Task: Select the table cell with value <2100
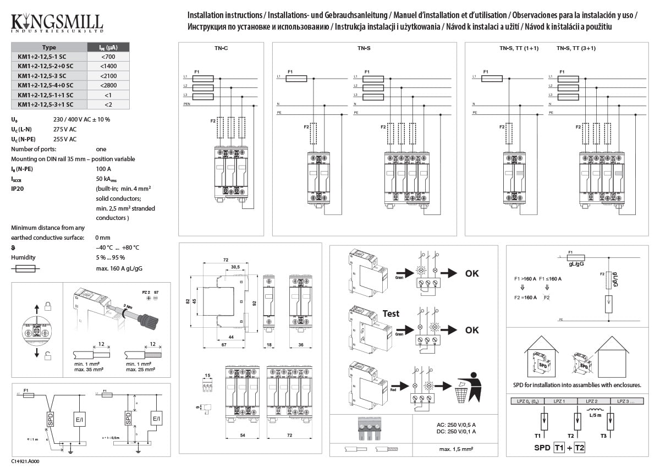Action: pyautogui.click(x=108, y=75)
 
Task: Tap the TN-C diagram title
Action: pyautogui.click(x=221, y=48)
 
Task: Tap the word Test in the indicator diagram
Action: pyautogui.click(x=391, y=313)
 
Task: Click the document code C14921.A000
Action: pyautogui.click(x=25, y=461)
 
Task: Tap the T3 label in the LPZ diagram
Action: pyautogui.click(x=604, y=436)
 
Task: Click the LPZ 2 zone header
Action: pyautogui.click(x=591, y=401)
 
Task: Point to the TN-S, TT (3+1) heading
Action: pyautogui.click(x=576, y=48)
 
